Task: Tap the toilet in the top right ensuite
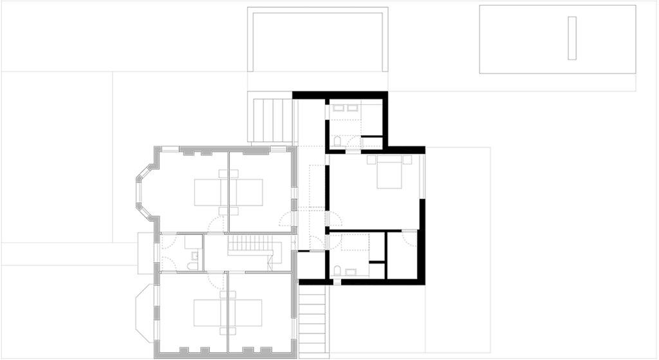click(338, 140)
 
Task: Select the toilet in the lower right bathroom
click(337, 271)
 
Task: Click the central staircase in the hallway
click(251, 245)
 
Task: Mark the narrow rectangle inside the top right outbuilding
click(572, 39)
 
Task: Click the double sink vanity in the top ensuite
click(345, 108)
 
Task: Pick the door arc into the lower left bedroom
click(214, 278)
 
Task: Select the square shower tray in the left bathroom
click(193, 242)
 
